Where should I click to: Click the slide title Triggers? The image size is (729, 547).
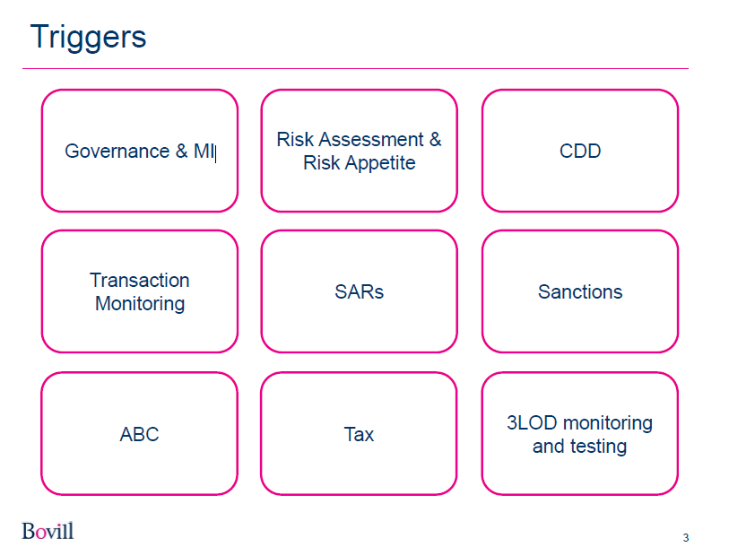(89, 37)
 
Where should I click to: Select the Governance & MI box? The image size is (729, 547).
(140, 151)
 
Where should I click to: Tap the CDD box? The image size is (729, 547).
(580, 151)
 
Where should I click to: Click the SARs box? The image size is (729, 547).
(359, 291)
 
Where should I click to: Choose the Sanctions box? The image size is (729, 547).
(580, 291)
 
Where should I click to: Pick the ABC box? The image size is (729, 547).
(140, 433)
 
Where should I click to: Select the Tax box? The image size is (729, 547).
(359, 433)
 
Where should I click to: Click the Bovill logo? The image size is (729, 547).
(48, 531)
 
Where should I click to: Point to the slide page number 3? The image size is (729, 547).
(686, 537)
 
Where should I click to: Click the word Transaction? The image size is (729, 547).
(140, 280)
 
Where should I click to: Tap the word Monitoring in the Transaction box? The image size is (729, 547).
(140, 304)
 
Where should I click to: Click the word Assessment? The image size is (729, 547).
(371, 139)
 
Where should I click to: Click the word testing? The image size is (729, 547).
(599, 447)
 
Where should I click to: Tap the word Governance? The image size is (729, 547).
(117, 152)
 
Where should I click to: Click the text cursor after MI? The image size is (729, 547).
(216, 152)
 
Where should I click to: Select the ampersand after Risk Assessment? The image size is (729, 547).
(435, 139)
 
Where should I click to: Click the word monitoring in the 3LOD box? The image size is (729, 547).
(608, 424)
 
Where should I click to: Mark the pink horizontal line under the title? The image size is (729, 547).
(355, 68)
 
